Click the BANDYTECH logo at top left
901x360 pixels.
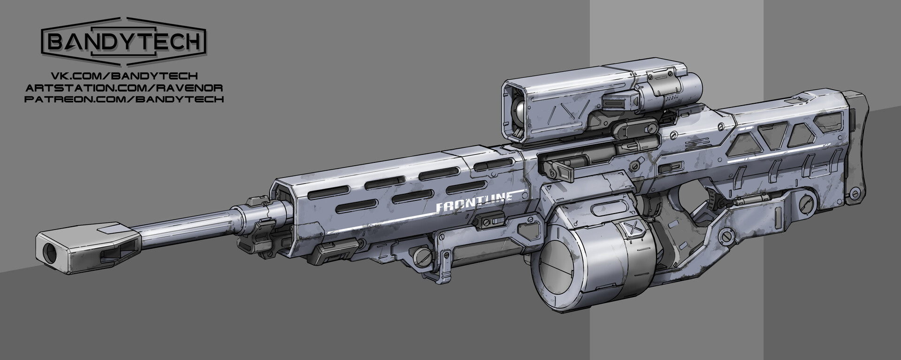point(124,42)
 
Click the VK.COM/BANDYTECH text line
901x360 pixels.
point(124,76)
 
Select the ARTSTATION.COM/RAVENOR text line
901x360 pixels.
point(124,88)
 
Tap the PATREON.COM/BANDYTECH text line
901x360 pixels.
point(124,99)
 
